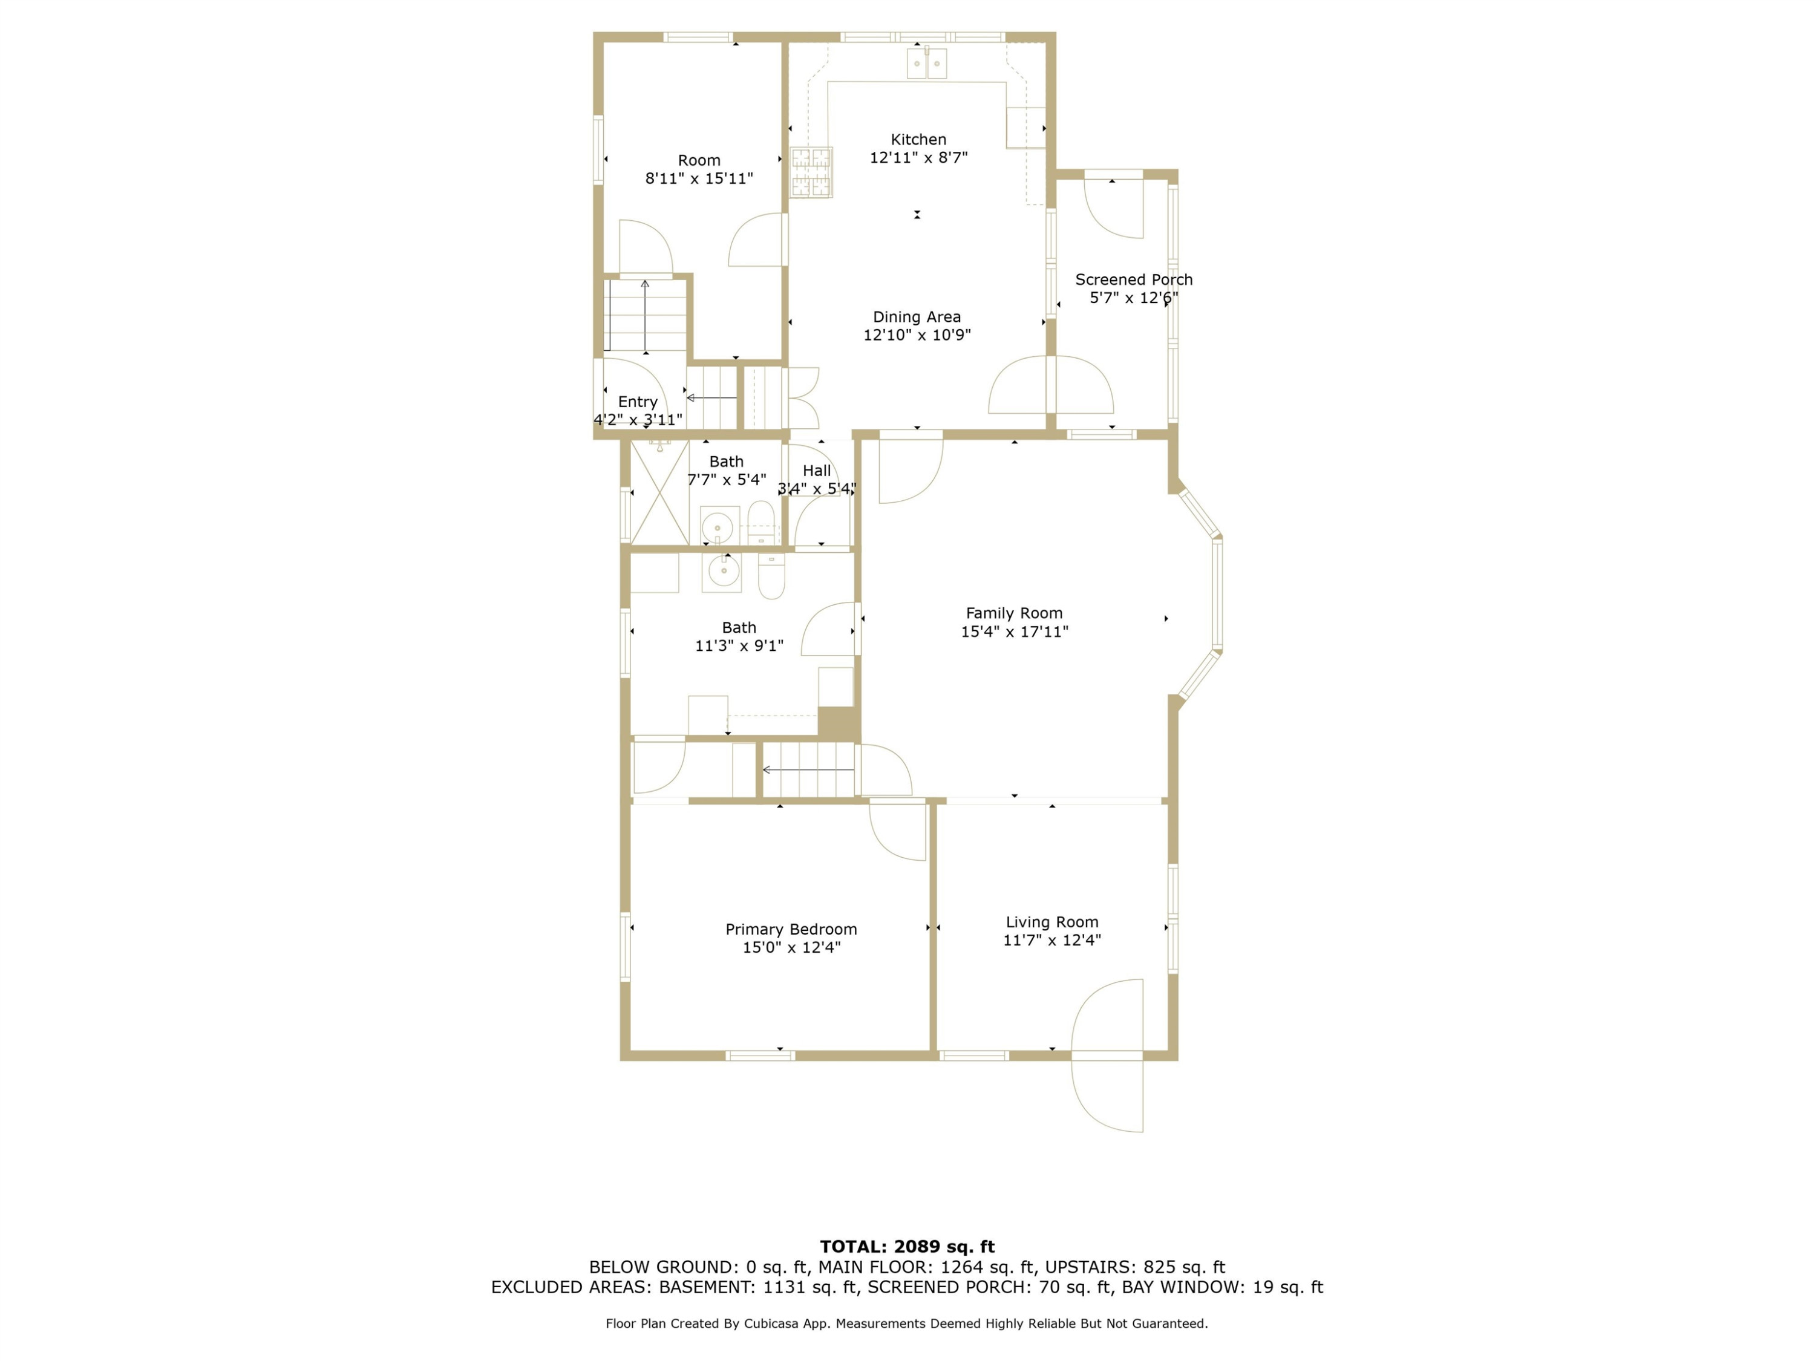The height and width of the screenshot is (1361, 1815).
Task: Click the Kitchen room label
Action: coord(918,140)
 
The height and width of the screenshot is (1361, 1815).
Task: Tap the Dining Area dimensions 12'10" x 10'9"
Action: coord(917,335)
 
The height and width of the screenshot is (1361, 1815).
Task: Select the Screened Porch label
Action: coord(1134,279)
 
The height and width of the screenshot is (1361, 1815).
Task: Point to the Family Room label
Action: coord(1014,613)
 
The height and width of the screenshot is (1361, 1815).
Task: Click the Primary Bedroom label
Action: coord(791,929)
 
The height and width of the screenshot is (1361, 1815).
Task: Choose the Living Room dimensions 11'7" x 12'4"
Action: coord(1052,940)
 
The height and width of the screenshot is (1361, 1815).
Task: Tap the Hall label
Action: coord(816,471)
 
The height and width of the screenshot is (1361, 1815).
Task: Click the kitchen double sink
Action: coord(926,63)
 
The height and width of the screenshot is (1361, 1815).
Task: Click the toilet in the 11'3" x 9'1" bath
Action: coord(771,576)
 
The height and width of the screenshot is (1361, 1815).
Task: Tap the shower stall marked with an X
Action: coord(659,492)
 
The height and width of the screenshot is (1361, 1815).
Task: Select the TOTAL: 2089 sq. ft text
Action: coord(907,1247)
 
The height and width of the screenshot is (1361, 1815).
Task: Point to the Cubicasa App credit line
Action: coord(907,1323)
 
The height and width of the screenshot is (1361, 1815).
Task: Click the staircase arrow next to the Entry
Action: coord(711,398)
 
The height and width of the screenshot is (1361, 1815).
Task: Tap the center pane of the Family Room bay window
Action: coord(1218,594)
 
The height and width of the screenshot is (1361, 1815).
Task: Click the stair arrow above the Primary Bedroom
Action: coord(808,769)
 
